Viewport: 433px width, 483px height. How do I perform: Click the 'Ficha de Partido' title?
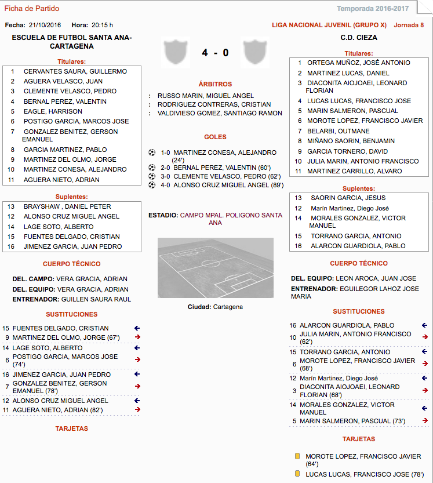pos(32,9)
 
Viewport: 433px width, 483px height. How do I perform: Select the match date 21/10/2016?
pos(45,26)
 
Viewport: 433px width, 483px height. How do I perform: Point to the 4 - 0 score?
pos(215,53)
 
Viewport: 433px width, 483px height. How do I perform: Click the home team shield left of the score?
pos(176,52)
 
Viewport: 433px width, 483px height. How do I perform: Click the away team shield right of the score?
pos(253,52)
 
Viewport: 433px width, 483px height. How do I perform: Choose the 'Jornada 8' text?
pos(409,26)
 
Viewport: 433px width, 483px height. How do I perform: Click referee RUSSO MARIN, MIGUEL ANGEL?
pos(206,96)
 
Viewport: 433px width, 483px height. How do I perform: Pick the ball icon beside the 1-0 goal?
pos(152,152)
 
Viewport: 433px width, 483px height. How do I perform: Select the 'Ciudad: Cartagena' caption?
pos(215,307)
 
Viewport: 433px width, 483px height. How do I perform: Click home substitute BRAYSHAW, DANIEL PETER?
pos(67,206)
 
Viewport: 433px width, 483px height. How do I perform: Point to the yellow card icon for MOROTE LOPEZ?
pos(297,456)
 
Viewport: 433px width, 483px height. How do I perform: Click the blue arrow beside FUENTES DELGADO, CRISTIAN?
pos(137,328)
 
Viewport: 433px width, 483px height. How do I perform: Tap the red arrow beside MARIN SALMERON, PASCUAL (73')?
pos(425,421)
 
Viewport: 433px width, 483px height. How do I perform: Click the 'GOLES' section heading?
pos(215,137)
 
